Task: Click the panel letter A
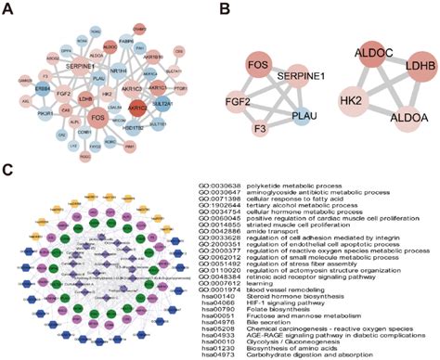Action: coord(8,9)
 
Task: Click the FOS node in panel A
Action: coord(96,118)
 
